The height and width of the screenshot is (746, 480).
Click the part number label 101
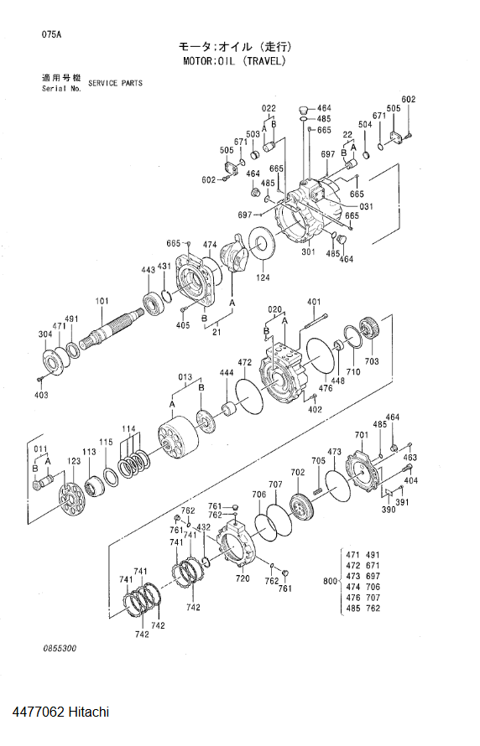[102, 301]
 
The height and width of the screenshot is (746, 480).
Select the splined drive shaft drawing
[112, 328]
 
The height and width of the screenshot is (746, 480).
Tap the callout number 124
[263, 277]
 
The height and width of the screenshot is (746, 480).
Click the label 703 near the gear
[372, 361]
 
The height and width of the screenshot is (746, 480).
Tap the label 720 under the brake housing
[243, 578]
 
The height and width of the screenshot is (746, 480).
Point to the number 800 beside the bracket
[330, 581]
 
